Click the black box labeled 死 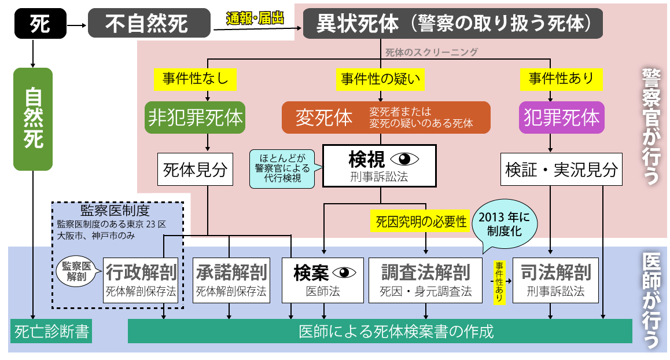(x=40, y=23)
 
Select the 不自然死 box (x=147, y=24)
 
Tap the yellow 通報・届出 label (x=255, y=19)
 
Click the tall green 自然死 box (x=33, y=119)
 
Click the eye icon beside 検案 (x=344, y=272)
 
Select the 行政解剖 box (x=141, y=280)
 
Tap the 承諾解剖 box (x=231, y=280)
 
